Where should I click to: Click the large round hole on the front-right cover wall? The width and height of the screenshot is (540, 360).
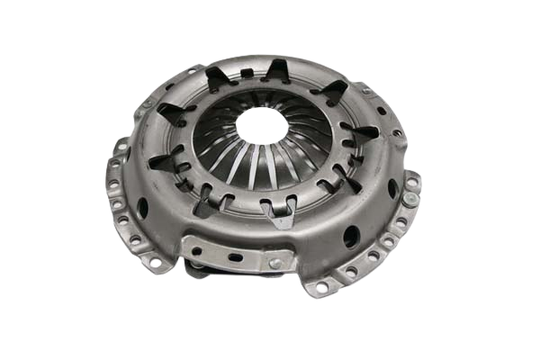click(x=351, y=236)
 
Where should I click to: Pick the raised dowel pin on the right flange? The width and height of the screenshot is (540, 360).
click(x=411, y=183)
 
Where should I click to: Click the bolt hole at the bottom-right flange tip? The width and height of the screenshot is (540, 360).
click(x=322, y=288)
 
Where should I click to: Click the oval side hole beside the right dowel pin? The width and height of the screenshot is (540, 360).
click(x=392, y=187)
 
